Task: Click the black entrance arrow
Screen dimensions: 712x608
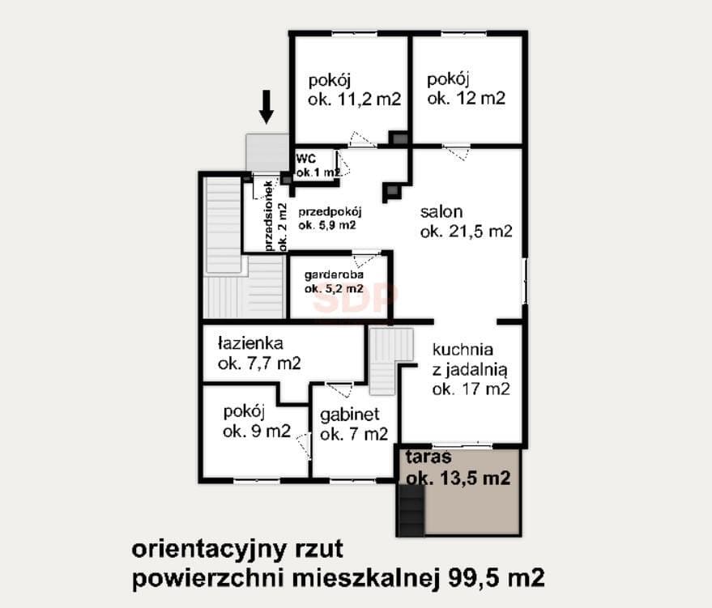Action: tap(266, 107)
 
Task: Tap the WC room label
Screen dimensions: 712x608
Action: tap(318, 166)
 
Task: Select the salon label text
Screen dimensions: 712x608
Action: tap(466, 221)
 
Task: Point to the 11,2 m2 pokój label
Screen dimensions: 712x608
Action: tap(354, 90)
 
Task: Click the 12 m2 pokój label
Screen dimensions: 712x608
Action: tap(466, 89)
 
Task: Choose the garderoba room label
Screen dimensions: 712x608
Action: tap(334, 282)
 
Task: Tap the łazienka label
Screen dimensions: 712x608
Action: tap(259, 353)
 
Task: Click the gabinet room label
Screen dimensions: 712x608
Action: tap(354, 424)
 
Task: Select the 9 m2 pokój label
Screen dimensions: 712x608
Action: tap(257, 422)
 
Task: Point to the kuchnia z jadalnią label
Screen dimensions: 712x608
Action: tap(471, 369)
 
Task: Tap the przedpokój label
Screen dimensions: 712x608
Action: tap(330, 219)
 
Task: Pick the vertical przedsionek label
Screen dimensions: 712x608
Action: tap(275, 215)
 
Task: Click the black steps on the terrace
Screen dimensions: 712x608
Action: tap(411, 510)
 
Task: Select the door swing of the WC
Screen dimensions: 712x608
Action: tap(344, 164)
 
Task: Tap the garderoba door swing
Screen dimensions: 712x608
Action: tap(365, 261)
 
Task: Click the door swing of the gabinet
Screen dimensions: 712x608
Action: tap(340, 389)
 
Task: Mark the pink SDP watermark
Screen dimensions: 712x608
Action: tap(356, 298)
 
